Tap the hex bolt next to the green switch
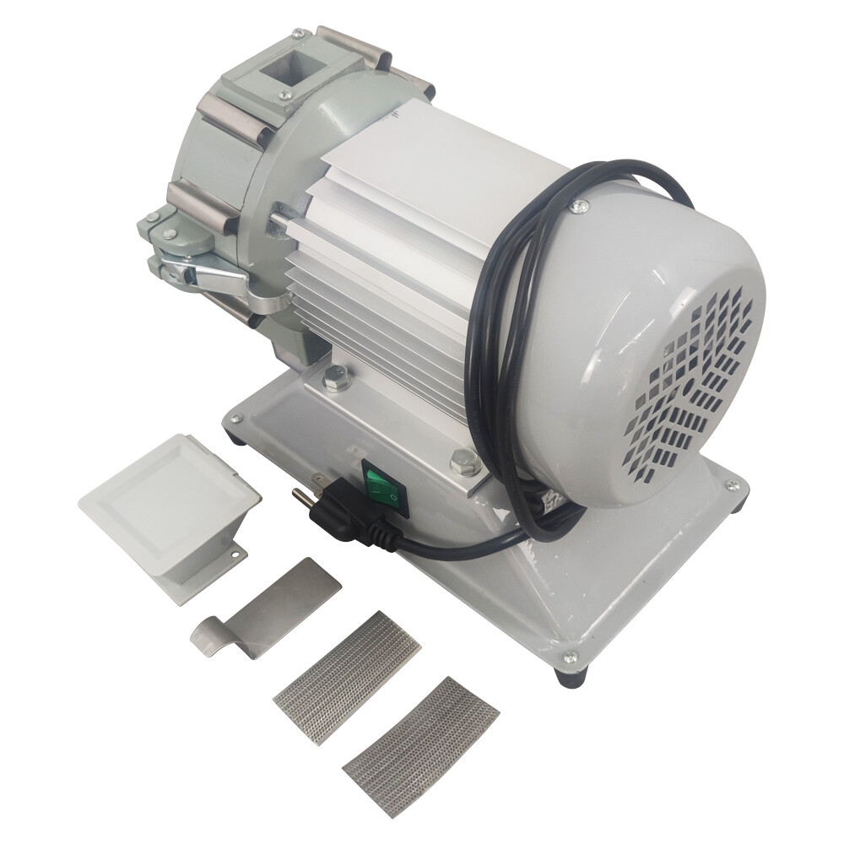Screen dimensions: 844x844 463,461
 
